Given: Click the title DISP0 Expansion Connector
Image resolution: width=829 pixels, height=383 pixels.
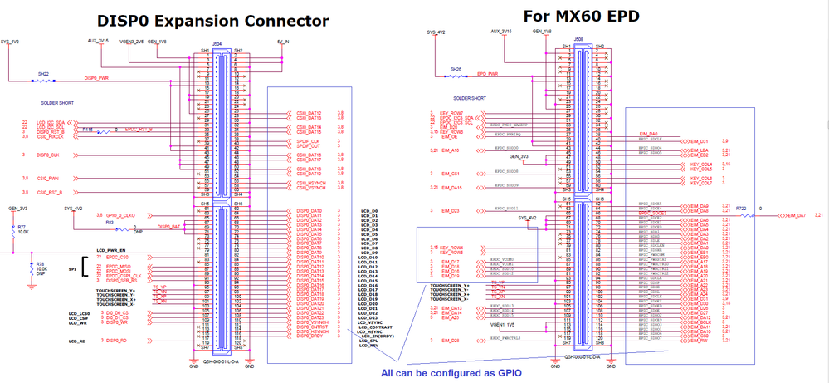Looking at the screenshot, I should tap(213, 21).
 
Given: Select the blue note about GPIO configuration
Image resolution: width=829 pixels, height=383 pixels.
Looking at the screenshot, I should tap(451, 373).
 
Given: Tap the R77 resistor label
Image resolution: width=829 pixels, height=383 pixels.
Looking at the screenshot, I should tap(22, 227).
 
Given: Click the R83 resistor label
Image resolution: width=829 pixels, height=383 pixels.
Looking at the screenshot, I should tap(109, 222).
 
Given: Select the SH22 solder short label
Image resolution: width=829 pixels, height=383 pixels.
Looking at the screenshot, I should tap(43, 74).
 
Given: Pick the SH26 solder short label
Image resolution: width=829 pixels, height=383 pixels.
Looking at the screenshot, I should tap(456, 69).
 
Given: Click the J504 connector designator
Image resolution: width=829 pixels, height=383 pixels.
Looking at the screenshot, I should tap(217, 43).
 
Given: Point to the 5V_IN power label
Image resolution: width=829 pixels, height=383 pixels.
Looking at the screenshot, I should tap(283, 40).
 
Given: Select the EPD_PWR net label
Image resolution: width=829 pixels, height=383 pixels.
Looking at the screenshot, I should tap(487, 72).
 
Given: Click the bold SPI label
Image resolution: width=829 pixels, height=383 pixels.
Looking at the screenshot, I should tap(74, 271).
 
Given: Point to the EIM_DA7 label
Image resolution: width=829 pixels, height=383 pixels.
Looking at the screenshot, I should tap(797, 215).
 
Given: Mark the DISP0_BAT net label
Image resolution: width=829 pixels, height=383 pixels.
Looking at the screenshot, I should tap(168, 226).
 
